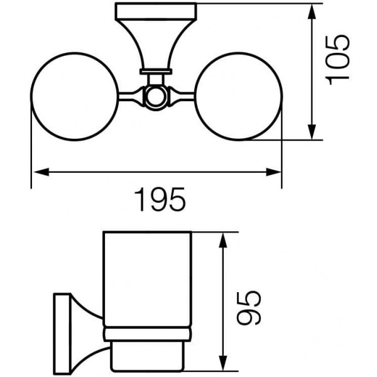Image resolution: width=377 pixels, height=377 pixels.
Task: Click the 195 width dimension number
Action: tap(160, 199)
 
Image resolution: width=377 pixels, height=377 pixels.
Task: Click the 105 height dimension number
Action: tap(337, 60)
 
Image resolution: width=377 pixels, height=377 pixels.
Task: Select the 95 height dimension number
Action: tap(249, 309)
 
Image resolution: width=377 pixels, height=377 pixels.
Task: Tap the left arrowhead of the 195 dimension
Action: tap(41, 172)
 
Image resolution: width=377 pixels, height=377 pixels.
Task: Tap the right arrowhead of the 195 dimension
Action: tap(273, 172)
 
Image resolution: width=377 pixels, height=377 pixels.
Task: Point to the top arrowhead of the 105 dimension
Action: tap(312, 11)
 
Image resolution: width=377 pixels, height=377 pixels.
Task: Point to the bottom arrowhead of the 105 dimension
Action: tap(312, 132)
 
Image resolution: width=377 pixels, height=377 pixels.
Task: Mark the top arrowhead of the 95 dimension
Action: tap(224, 240)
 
